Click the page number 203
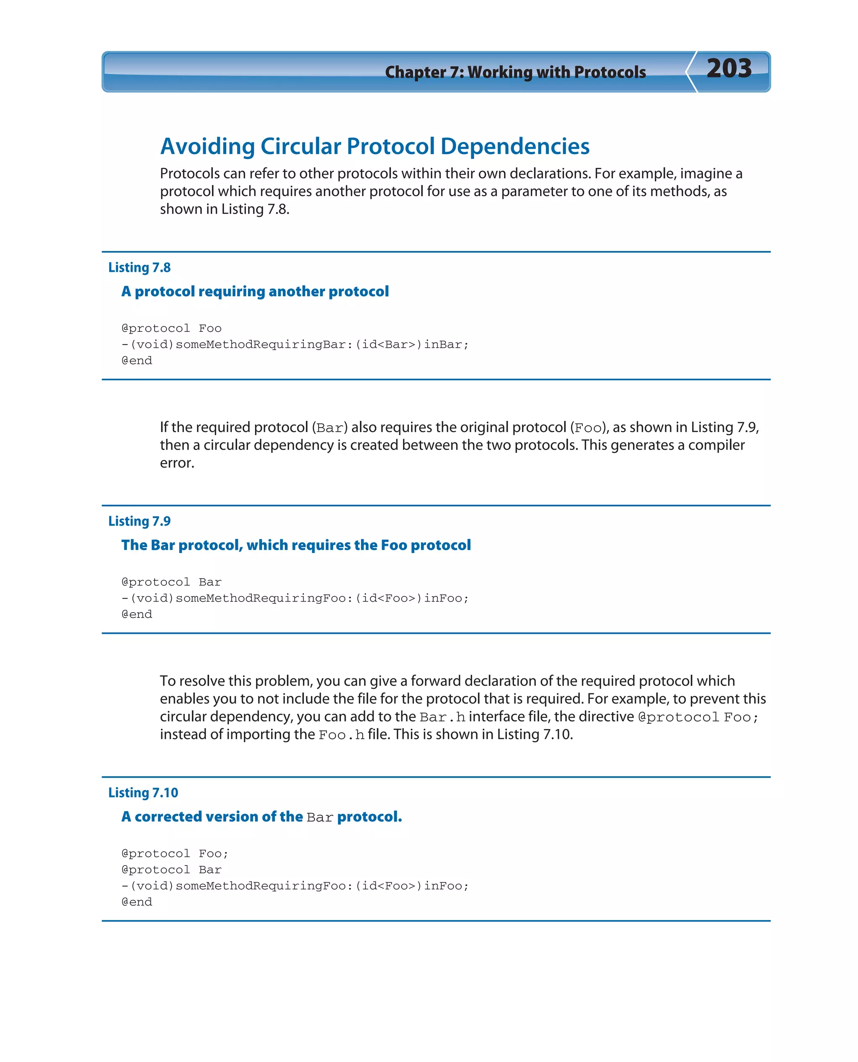tap(729, 68)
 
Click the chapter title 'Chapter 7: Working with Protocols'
tap(515, 72)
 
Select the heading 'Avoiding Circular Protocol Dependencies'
tap(375, 146)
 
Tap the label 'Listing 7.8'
tap(140, 267)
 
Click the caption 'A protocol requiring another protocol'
tap(255, 292)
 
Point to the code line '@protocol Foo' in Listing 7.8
tap(171, 328)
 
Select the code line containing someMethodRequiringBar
tap(295, 344)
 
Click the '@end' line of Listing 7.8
tap(137, 361)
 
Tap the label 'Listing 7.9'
tap(140, 521)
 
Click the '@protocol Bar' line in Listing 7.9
tap(171, 582)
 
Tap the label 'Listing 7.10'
tap(143, 793)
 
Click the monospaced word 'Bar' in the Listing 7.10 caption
tap(320, 817)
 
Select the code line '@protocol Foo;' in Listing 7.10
tap(175, 853)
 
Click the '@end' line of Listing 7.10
tap(137, 902)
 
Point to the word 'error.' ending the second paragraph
tap(177, 463)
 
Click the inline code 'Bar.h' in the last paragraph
tap(442, 717)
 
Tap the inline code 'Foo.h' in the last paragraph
tap(341, 735)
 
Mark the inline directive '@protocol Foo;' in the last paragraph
tap(698, 717)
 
